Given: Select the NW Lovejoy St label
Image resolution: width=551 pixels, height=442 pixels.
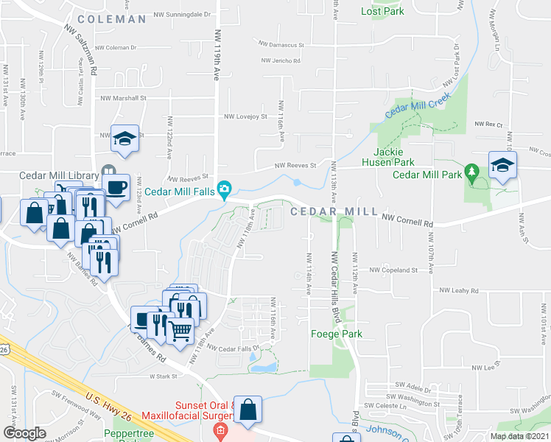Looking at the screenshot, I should [x=245, y=116].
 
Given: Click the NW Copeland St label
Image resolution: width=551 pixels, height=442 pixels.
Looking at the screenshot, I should [x=393, y=270].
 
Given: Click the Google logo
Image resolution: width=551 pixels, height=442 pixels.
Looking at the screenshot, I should [x=25, y=433].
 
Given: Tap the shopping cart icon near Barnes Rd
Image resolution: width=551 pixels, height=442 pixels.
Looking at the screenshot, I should [x=180, y=329].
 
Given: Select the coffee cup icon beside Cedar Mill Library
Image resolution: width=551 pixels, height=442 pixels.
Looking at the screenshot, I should [x=117, y=187].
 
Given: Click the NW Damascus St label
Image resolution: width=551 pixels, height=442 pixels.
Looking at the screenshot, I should [x=280, y=45].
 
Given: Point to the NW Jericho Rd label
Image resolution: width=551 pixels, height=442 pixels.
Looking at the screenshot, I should [x=281, y=61].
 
